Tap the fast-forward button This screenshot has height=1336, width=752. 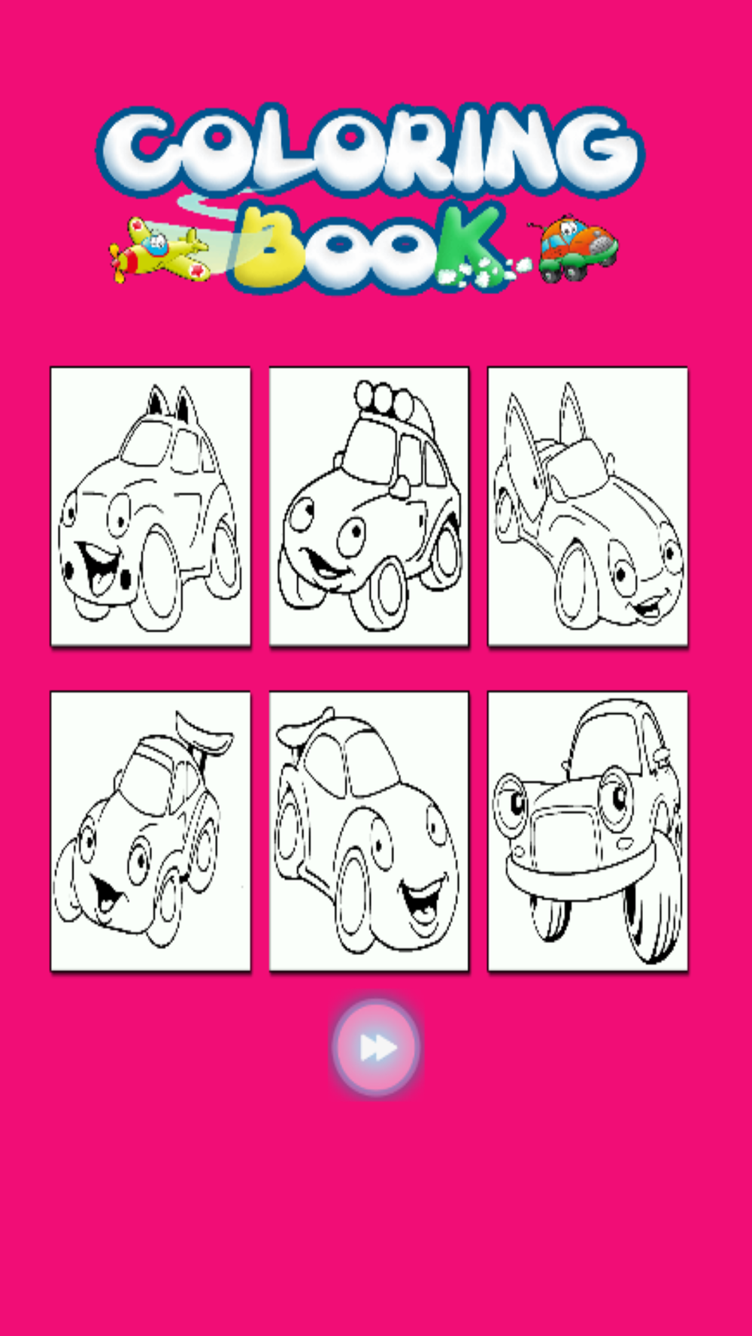point(375,1047)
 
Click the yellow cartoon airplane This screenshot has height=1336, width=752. point(159,251)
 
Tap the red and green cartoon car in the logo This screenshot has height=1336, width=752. point(576,248)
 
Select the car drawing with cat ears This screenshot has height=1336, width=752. point(150,506)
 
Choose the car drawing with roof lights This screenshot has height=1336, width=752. point(369,506)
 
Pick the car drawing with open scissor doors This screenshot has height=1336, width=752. point(587,506)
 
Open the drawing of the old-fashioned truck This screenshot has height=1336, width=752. point(587,831)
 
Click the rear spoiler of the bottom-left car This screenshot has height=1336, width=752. point(203,733)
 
